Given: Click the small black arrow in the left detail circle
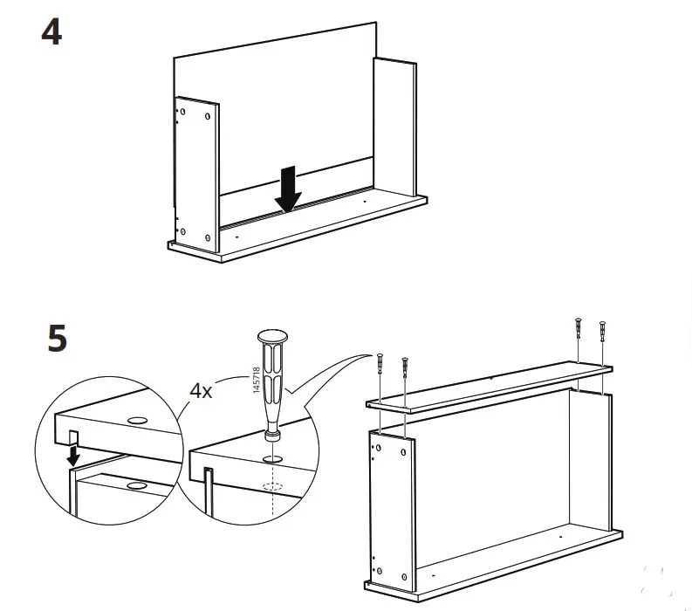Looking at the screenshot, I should coord(74,455).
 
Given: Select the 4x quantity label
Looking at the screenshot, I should coord(202,389).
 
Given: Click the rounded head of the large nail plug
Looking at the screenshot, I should coord(273,337).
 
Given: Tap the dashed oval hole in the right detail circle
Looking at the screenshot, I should coord(273,489).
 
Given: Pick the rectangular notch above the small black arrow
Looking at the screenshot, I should coord(73,436).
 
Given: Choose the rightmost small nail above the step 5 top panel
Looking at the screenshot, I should coord(601,333).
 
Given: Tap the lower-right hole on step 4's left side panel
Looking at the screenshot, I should coord(207,237).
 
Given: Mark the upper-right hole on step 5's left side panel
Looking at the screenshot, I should coord(403,452).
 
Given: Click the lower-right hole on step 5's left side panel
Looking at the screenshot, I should coord(403,576).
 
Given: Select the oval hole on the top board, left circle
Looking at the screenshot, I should coord(137,421).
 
